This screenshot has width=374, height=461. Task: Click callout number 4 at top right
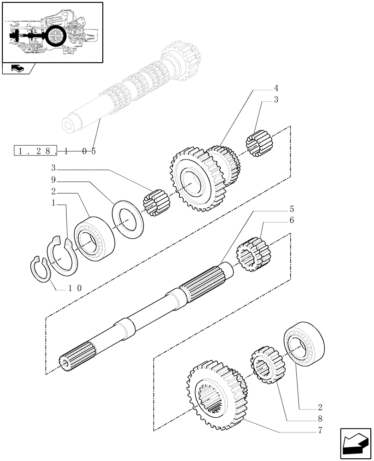pyautogui.click(x=276, y=88)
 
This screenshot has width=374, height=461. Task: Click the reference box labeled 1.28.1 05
pyautogui.click(x=55, y=150)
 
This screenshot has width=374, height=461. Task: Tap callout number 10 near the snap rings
pyautogui.click(x=75, y=289)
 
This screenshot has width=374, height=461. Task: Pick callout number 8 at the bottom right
pyautogui.click(x=320, y=420)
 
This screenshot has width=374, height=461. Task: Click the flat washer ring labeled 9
pyautogui.click(x=128, y=215)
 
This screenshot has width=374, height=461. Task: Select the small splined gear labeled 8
pyautogui.click(x=267, y=367)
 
